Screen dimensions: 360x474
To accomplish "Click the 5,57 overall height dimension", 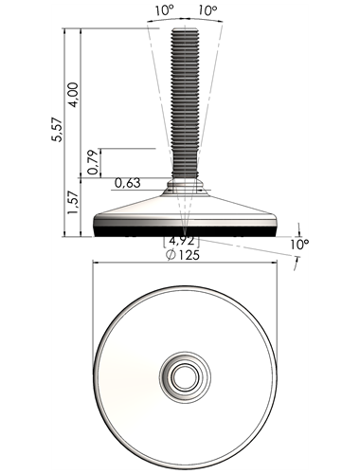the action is (x=58, y=129).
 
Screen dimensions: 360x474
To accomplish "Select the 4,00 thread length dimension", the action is (x=73, y=95).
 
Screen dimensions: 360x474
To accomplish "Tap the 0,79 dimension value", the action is (x=93, y=162).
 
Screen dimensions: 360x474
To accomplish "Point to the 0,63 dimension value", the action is (x=127, y=183).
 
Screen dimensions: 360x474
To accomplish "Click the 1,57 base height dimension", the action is (x=74, y=203).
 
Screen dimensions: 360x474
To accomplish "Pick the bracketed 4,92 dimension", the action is (x=182, y=241).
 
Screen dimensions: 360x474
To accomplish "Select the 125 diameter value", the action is (x=188, y=255).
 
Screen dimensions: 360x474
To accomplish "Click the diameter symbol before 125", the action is (x=171, y=255).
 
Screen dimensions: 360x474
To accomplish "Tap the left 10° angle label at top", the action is (x=164, y=10).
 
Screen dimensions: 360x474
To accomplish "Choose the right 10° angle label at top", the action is (x=207, y=11).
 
